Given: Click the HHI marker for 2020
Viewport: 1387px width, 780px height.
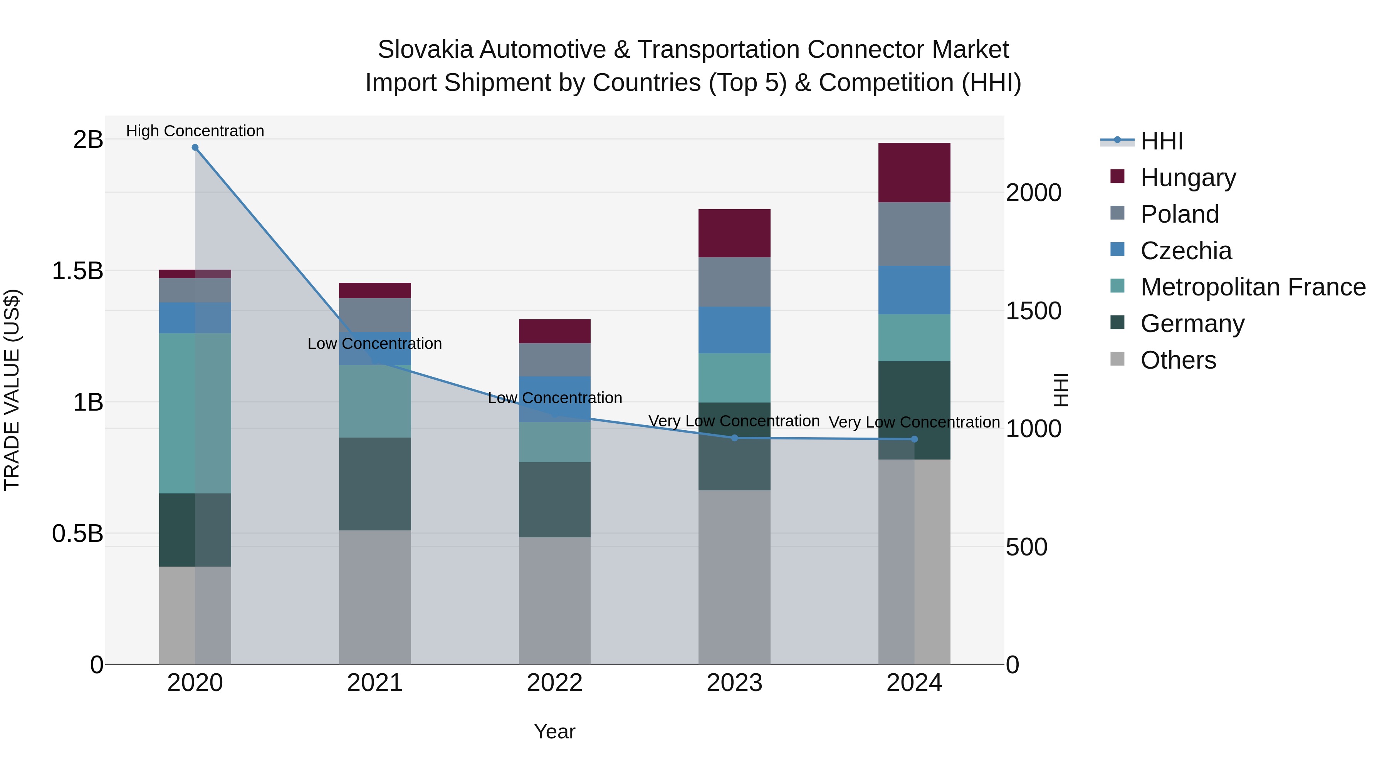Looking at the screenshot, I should point(195,148).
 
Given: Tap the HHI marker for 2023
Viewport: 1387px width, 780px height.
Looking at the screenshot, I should point(734,438).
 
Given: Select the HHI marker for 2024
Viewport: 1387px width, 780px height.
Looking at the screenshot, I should point(914,439).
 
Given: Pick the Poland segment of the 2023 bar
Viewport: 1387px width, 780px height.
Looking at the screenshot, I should point(734,282).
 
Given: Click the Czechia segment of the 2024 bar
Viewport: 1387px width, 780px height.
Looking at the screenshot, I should point(914,290).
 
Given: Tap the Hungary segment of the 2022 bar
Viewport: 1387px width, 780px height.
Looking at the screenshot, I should point(554,331).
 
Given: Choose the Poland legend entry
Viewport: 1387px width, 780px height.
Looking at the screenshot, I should point(1179,214).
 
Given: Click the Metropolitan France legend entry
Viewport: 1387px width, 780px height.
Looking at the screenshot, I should point(1253,287).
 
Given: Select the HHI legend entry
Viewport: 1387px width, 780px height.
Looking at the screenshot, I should point(1161,141).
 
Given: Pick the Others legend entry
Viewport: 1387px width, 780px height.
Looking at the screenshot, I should point(1178,360).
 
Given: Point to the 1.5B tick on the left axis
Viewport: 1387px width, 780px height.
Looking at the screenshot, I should point(77,271).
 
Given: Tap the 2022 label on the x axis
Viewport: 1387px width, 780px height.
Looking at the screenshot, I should point(554,683).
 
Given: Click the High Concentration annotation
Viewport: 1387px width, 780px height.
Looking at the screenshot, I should point(195,131).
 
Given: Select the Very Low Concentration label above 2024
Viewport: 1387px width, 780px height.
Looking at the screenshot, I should point(914,422).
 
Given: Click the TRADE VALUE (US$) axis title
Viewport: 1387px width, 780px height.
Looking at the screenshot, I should point(12,390).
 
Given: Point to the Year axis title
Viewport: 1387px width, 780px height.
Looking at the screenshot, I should point(554,731).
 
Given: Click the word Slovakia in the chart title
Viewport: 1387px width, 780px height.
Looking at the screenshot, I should point(425,50).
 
